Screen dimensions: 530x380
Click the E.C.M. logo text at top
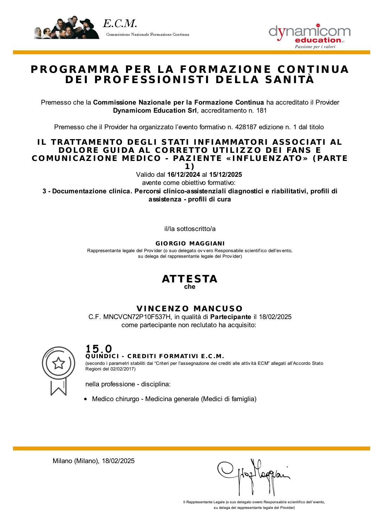[x=120, y=24]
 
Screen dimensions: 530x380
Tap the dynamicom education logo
[x=309, y=36]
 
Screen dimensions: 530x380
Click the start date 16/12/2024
[x=184, y=175]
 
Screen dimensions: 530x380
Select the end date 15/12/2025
[x=226, y=175]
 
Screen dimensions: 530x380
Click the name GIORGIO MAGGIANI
[x=190, y=244]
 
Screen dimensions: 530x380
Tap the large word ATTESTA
[x=190, y=279]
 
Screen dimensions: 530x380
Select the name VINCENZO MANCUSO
[x=190, y=309]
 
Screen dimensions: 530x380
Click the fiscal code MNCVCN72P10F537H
[x=137, y=317]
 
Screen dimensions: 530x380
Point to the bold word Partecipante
[x=230, y=317]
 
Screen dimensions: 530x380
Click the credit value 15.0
[x=99, y=349]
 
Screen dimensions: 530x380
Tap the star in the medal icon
[x=58, y=363]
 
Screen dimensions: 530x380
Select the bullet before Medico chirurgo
[x=86, y=399]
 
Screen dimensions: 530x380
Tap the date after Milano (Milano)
[x=118, y=461]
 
